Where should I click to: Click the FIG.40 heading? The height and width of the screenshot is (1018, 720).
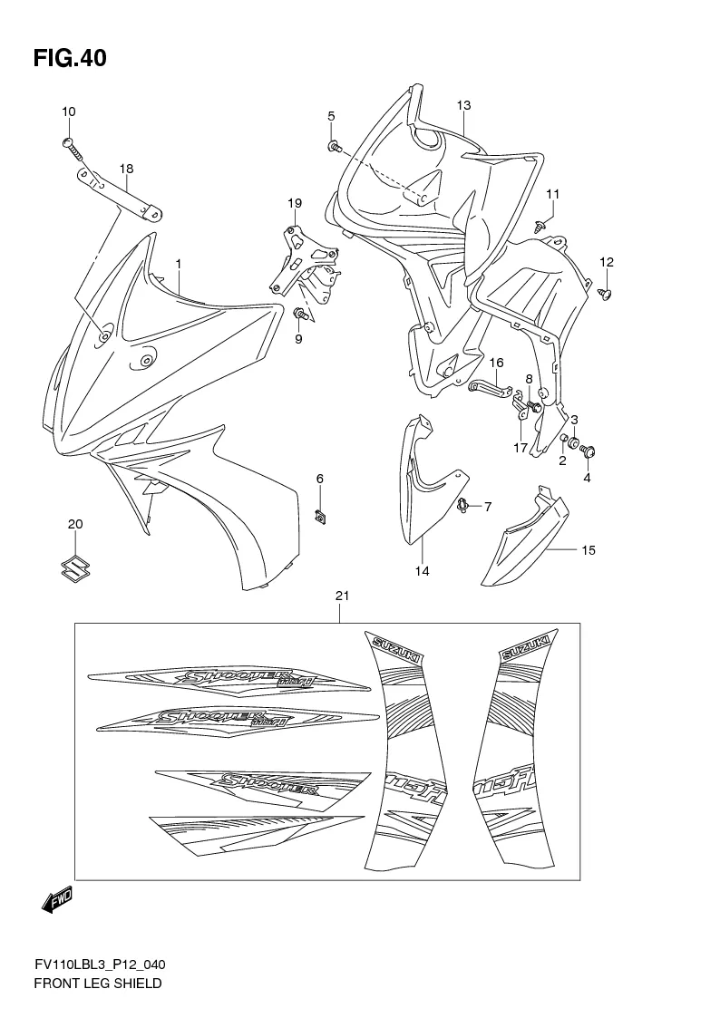(x=70, y=59)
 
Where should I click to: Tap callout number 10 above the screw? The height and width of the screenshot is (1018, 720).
(x=69, y=111)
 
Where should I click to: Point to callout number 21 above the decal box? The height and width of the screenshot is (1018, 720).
(x=342, y=596)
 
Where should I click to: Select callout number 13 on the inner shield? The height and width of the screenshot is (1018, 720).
(x=463, y=105)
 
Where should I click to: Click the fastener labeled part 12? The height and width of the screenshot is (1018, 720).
(x=607, y=293)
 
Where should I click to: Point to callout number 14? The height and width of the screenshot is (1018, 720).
(x=423, y=571)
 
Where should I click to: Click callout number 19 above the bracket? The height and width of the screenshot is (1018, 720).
(x=294, y=202)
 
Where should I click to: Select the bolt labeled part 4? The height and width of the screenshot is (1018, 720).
(x=587, y=451)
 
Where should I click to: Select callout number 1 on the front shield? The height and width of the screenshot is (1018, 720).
(x=179, y=264)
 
